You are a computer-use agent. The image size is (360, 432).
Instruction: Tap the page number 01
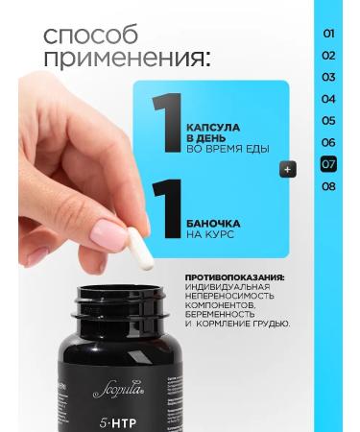[328, 33]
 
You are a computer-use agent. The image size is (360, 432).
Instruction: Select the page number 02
[328, 55]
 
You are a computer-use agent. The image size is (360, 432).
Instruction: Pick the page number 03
[328, 77]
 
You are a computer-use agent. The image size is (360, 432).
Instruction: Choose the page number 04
[328, 99]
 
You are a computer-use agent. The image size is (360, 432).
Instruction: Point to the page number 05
[328, 121]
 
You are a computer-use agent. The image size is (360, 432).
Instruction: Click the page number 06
[328, 142]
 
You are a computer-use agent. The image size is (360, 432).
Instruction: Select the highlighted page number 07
[328, 164]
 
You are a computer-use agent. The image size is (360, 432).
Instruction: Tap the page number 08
[328, 186]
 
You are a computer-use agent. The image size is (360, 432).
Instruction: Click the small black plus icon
[286, 169]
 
